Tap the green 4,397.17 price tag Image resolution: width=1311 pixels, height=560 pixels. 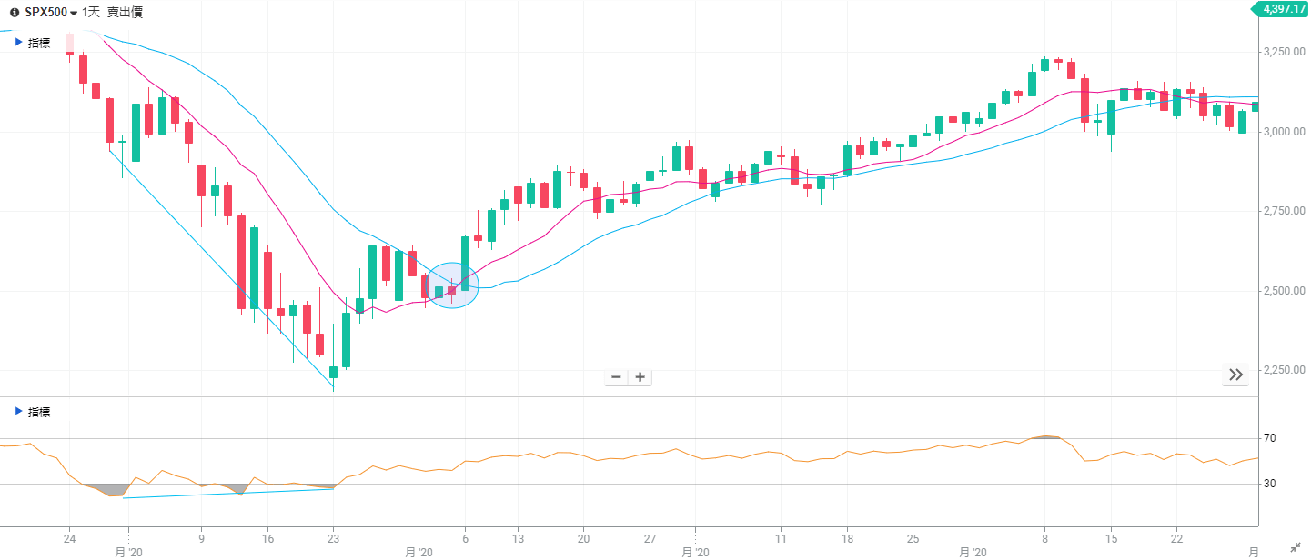(x=1284, y=9)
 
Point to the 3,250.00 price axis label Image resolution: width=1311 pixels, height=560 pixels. (x=1284, y=52)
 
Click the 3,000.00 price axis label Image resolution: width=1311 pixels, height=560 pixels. (x=1284, y=132)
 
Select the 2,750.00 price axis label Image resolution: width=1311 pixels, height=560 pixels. (x=1284, y=211)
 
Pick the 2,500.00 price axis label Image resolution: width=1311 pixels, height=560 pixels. (x=1284, y=291)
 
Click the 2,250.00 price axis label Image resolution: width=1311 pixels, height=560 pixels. (x=1284, y=370)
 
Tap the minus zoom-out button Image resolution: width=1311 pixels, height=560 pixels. (x=616, y=377)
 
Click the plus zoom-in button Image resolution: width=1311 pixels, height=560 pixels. (x=640, y=377)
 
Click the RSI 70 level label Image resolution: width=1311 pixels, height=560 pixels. (x=1269, y=438)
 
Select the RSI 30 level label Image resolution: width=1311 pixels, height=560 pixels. (x=1269, y=484)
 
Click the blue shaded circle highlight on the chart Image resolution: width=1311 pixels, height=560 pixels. (x=452, y=285)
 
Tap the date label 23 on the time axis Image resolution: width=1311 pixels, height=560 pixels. (x=333, y=537)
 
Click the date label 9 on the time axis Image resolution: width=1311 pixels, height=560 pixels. (x=201, y=537)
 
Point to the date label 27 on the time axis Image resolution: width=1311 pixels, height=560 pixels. (x=650, y=537)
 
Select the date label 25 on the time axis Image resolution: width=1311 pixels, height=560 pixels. (x=913, y=537)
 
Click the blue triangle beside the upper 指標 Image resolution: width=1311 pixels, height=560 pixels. (x=18, y=42)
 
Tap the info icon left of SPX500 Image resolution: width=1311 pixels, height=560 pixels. (x=14, y=13)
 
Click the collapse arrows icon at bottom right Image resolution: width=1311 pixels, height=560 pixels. (x=1296, y=546)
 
